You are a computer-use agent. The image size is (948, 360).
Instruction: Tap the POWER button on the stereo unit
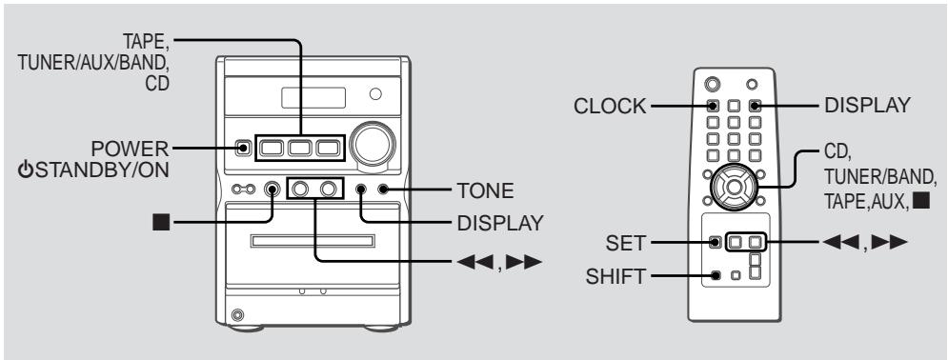pyautogui.click(x=244, y=148)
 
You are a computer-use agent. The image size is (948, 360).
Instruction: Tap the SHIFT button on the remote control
pyautogui.click(x=716, y=278)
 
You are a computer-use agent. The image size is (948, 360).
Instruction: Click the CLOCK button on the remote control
pyautogui.click(x=713, y=107)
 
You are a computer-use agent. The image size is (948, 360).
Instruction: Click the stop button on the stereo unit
pyautogui.click(x=273, y=190)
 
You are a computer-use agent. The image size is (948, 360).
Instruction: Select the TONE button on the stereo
pyautogui.click(x=382, y=190)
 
